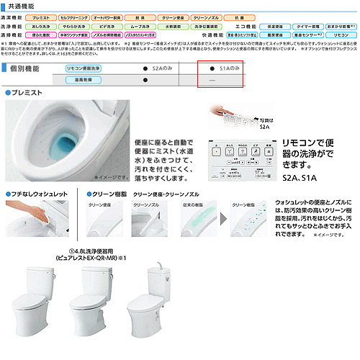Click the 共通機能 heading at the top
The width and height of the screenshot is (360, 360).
(x=24, y=4)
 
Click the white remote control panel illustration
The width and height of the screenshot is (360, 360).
(x=237, y=158)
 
